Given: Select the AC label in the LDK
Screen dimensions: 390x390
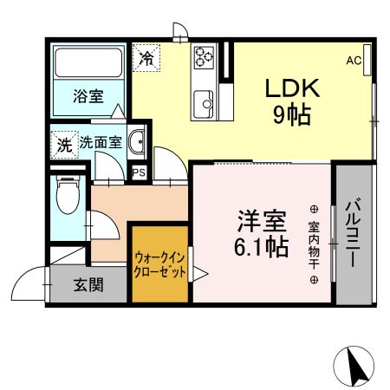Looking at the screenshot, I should pyautogui.click(x=354, y=61).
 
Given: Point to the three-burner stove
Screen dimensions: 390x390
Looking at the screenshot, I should pyautogui.click(x=205, y=58).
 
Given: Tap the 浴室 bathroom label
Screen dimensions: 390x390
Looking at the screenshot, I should pyautogui.click(x=88, y=96).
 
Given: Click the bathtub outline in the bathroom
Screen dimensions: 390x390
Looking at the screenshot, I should pyautogui.click(x=88, y=64).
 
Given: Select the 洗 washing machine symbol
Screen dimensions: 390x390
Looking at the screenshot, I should pyautogui.click(x=64, y=143).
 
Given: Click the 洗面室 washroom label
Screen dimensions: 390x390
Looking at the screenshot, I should pyautogui.click(x=101, y=142).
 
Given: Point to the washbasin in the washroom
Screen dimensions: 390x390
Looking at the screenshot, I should pyautogui.click(x=137, y=142).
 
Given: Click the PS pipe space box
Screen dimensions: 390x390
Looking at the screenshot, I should pyautogui.click(x=139, y=172).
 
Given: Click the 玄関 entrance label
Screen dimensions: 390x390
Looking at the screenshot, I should pyautogui.click(x=88, y=283).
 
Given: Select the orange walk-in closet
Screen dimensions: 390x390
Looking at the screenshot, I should pyautogui.click(x=159, y=263).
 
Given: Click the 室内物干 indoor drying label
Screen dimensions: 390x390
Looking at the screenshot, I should pyautogui.click(x=314, y=245).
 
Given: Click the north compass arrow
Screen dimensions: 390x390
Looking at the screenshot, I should pyautogui.click(x=355, y=365).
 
